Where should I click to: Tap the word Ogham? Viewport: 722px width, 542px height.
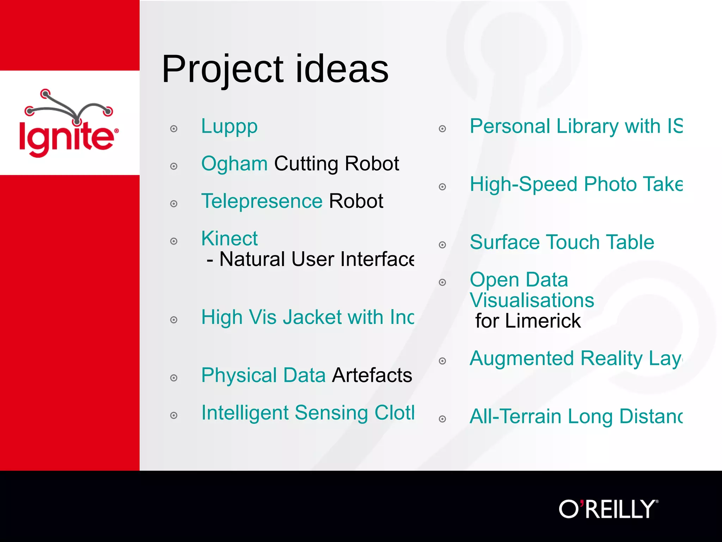[234, 164]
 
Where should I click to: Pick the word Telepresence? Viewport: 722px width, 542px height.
[262, 201]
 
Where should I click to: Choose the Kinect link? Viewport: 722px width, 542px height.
[229, 239]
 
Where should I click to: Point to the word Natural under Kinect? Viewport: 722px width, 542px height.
[252, 259]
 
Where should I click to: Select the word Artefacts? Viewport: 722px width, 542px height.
[372, 375]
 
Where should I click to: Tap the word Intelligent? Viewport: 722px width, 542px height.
[245, 413]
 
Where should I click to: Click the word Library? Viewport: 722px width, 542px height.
[587, 126]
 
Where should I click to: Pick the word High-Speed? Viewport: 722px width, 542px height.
[524, 185]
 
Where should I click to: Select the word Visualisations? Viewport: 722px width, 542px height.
[532, 300]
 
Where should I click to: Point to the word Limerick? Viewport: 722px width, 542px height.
[543, 321]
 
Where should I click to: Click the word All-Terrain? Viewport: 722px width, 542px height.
[515, 416]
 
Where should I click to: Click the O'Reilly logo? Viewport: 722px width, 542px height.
[608, 509]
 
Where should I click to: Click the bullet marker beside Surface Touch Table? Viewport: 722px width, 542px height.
[442, 245]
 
